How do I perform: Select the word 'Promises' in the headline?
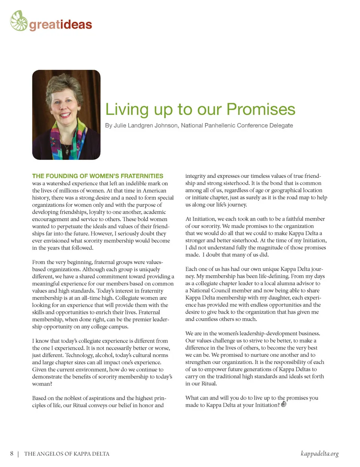[x=261, y=110]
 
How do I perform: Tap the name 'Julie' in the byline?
[x=120, y=125]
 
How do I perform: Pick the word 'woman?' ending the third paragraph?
[x=42, y=384]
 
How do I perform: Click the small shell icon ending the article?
[x=284, y=404]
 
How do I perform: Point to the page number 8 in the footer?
[x=12, y=453]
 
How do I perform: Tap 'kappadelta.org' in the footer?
[x=319, y=453]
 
